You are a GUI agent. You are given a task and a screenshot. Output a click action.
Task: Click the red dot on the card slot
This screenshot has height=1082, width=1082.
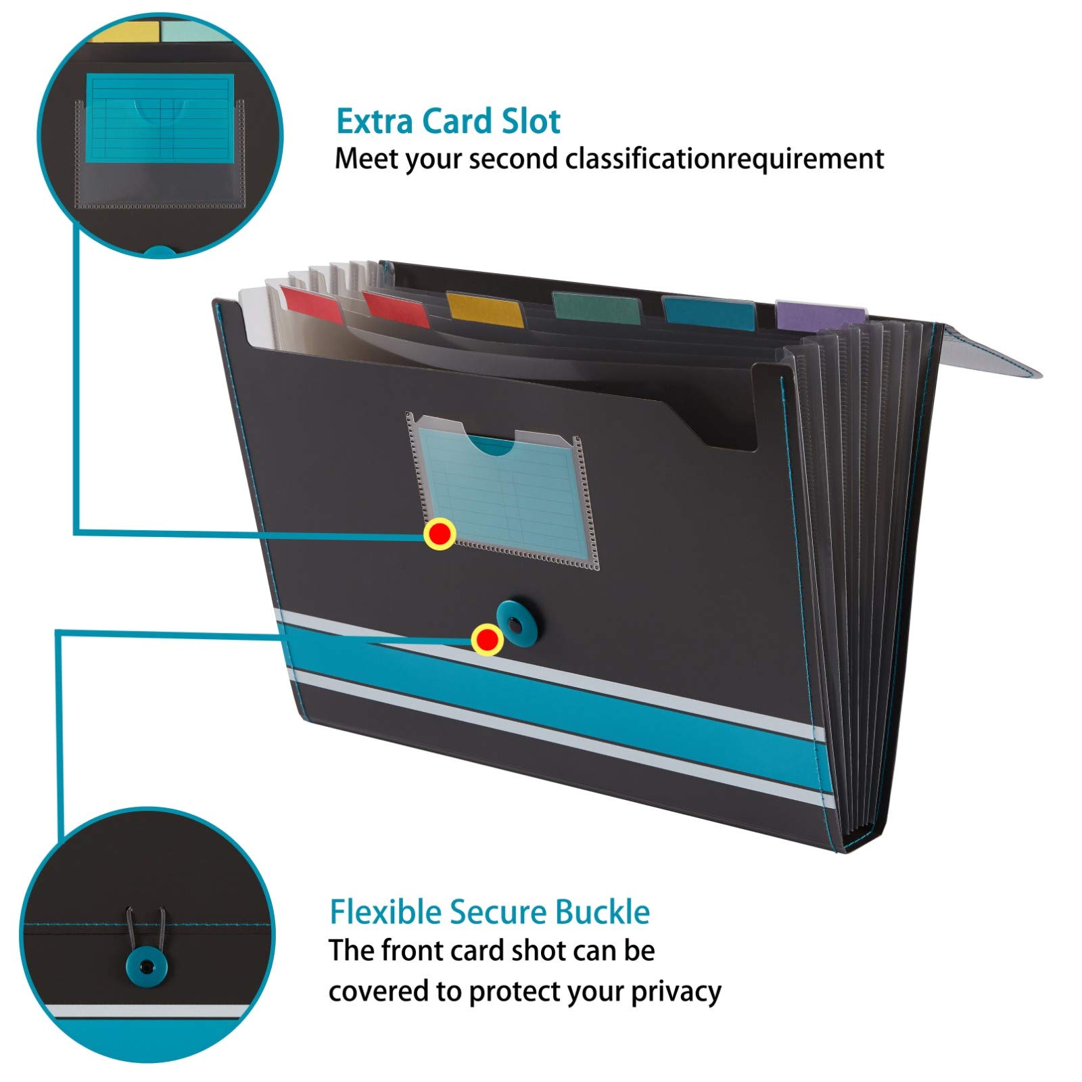click(440, 534)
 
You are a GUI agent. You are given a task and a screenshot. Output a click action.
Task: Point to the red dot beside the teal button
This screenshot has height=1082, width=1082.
click(487, 639)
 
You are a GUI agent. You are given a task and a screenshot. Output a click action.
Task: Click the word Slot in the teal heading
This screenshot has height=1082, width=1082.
click(531, 122)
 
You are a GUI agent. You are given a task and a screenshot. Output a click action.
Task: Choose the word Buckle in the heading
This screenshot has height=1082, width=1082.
click(603, 912)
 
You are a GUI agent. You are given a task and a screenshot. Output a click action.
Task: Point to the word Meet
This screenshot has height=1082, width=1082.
click(366, 158)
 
